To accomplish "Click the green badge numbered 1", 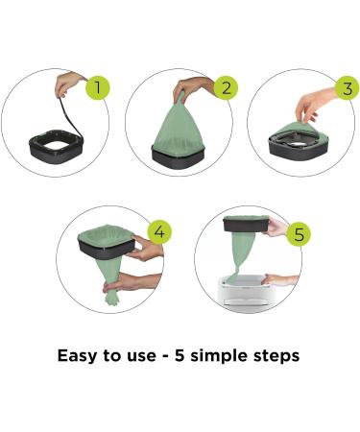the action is point(98,87).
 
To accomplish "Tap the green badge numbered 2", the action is point(226,87).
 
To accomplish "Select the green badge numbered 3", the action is point(348,87).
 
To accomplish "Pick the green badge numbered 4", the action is point(159,231).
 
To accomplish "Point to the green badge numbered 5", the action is point(299,234).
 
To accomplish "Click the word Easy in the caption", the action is point(78,356).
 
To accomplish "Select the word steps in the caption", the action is point(276,356).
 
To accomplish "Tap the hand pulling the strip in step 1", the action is point(67,84).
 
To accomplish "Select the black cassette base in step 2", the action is point(178,158).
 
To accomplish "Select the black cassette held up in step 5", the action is point(246,224).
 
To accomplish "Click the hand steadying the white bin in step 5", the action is point(280,280).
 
